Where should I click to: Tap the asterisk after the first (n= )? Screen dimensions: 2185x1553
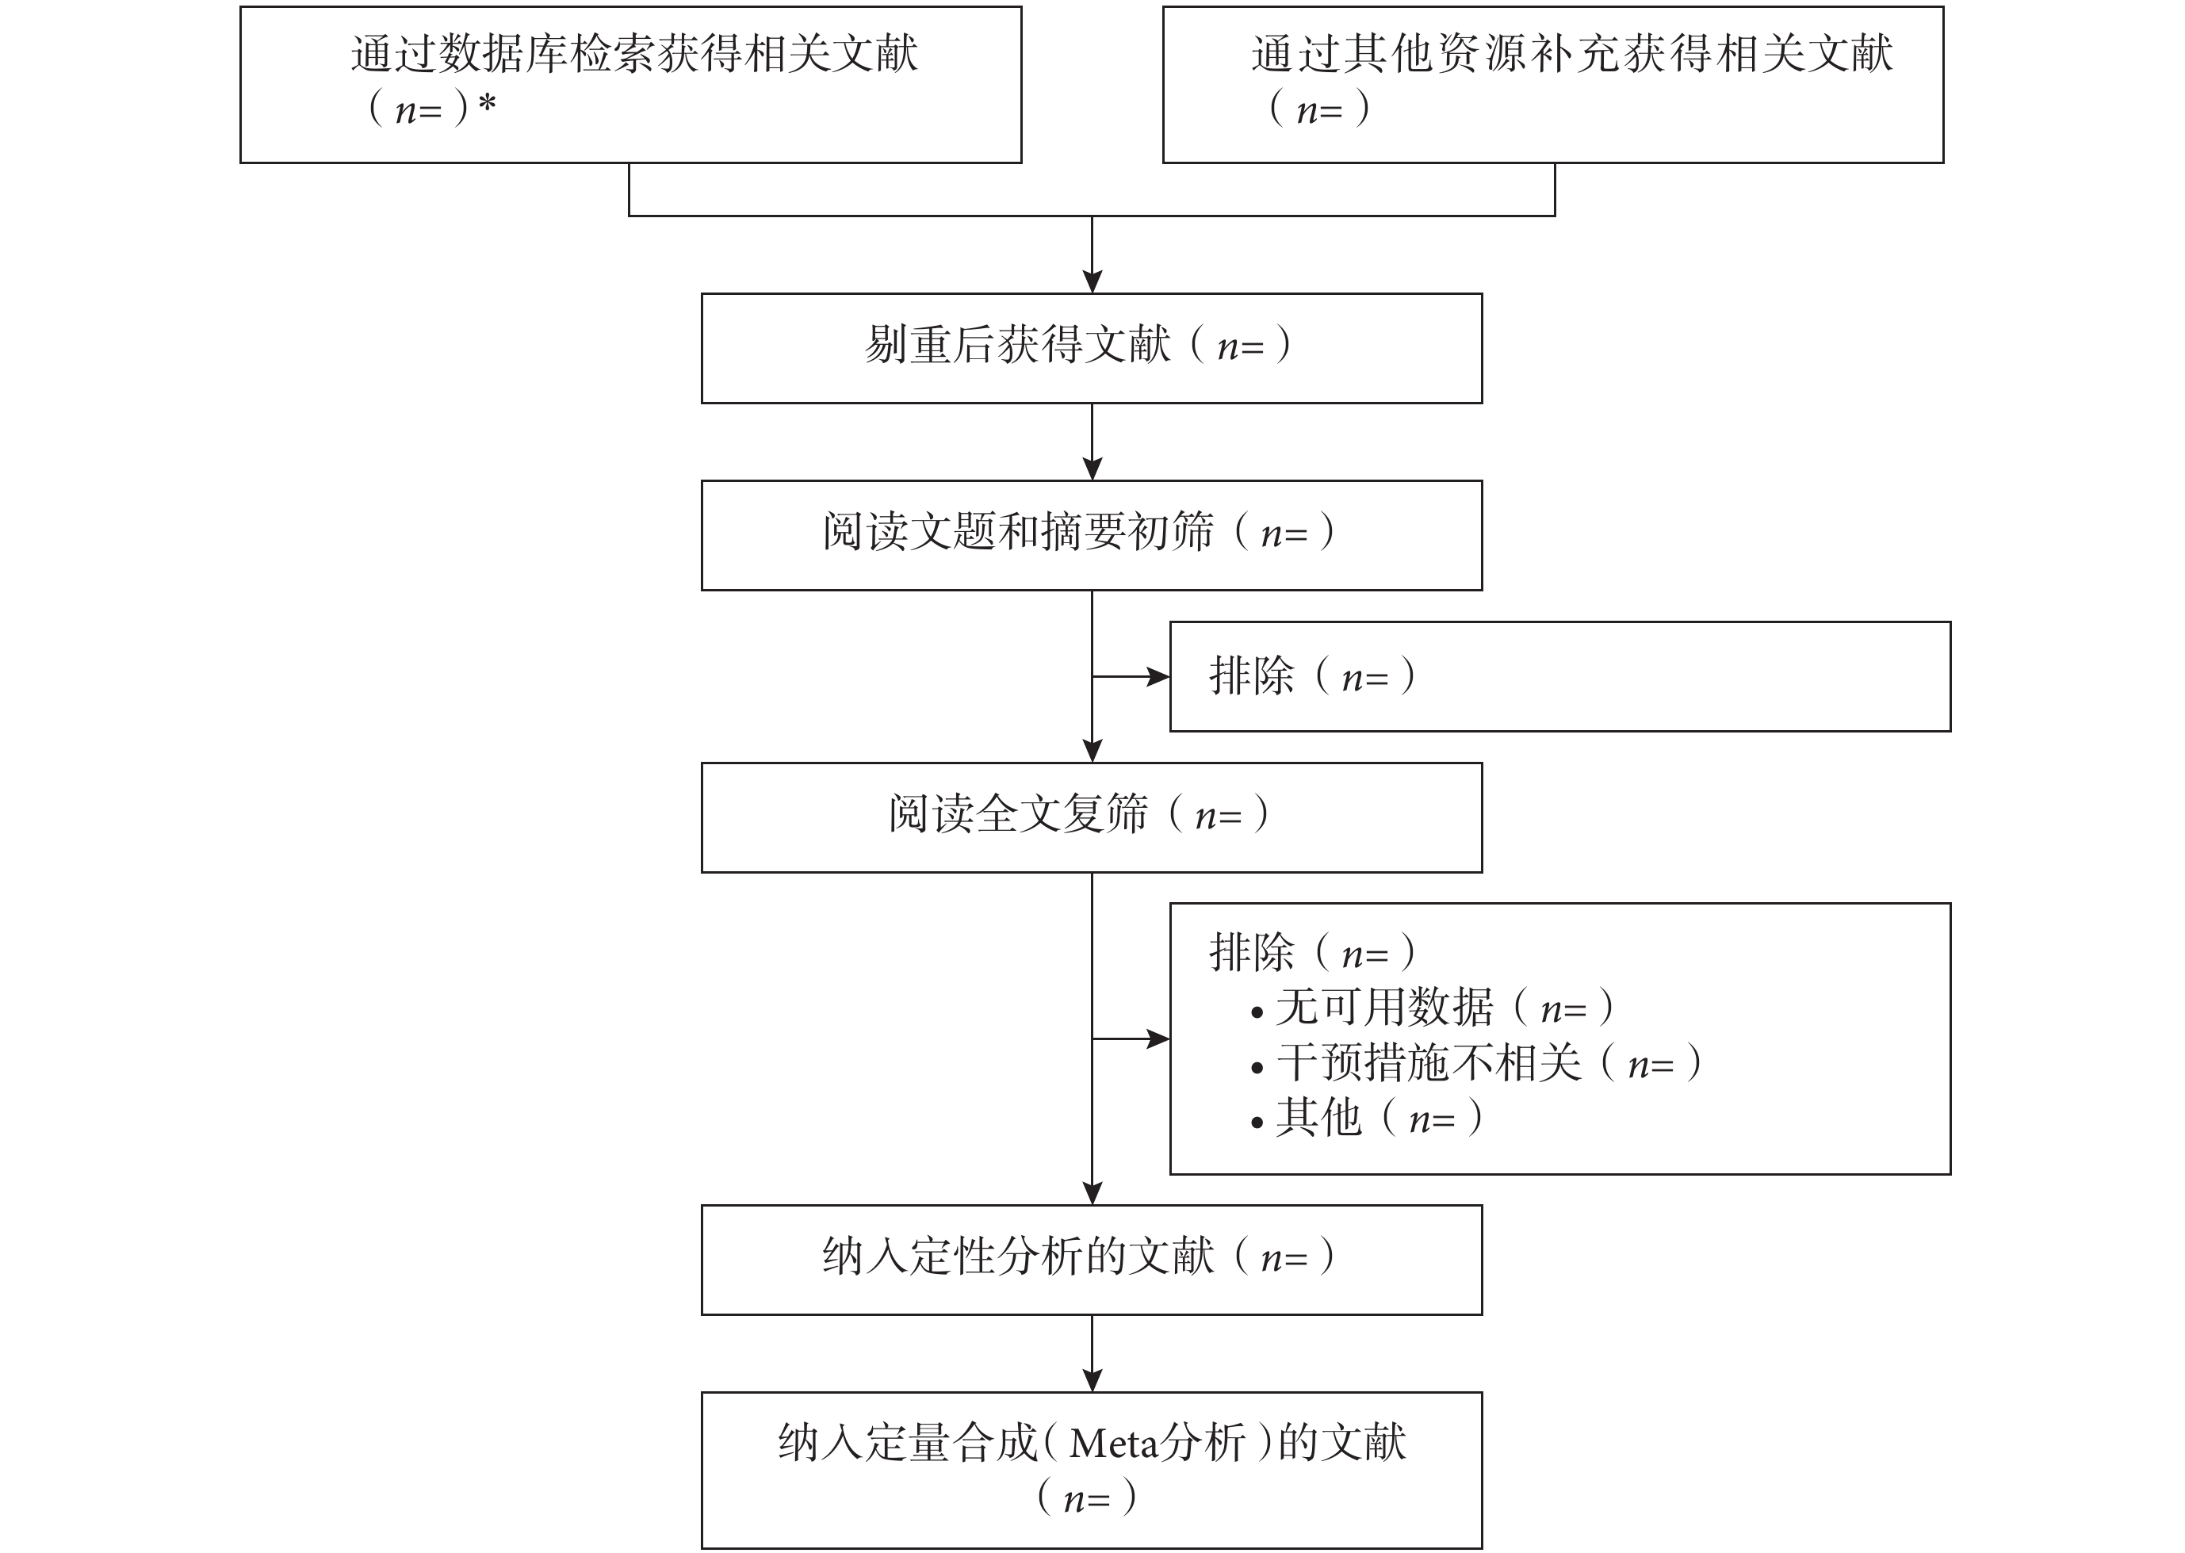pyautogui.click(x=487, y=103)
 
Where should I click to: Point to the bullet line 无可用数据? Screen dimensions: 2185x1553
pyautogui.click(x=1433, y=1007)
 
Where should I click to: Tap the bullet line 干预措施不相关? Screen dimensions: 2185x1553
pyautogui.click(x=1476, y=1062)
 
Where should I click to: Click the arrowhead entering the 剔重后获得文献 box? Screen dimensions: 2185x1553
pyautogui.click(x=1092, y=282)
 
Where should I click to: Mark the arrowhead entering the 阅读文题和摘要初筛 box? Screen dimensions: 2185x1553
pyautogui.click(x=1092, y=469)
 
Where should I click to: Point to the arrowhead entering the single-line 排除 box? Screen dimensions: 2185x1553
pyautogui.click(x=1159, y=677)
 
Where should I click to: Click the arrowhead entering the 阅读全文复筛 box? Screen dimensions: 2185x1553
pyautogui.click(x=1092, y=752)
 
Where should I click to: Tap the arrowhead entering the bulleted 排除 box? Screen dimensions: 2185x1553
pyautogui.click(x=1159, y=1039)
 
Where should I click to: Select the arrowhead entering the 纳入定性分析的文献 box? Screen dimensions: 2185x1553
pyautogui.click(x=1092, y=1193)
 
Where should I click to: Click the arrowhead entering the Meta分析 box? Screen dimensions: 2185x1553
pyautogui.click(x=1092, y=1381)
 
